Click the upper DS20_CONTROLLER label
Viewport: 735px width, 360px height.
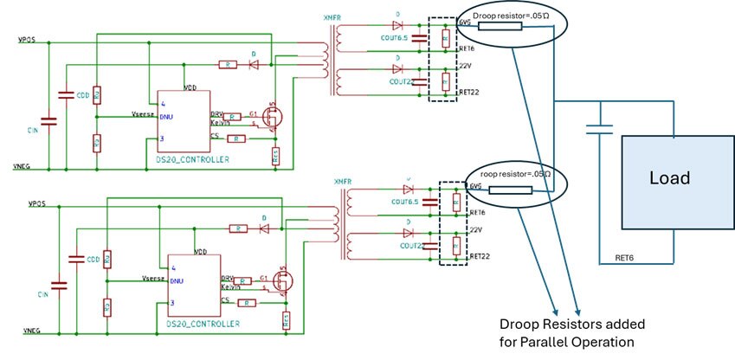(188, 162)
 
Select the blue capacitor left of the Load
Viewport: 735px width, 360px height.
(597, 129)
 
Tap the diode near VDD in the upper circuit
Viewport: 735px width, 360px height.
(254, 63)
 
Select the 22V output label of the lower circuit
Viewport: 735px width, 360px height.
(476, 229)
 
